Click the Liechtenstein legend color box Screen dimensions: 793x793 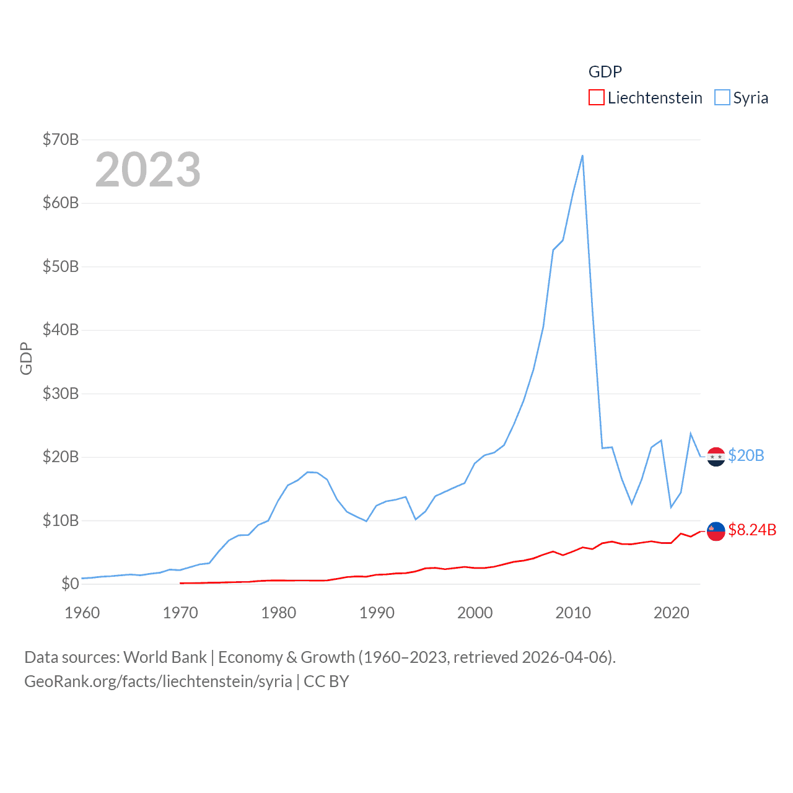click(596, 98)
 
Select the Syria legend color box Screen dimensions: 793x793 click(722, 98)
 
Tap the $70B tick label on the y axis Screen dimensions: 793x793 click(61, 139)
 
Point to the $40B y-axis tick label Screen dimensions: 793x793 click(61, 330)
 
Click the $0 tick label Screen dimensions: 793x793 click(70, 584)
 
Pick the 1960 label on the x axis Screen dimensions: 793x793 click(82, 613)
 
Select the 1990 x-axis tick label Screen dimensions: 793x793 click(377, 613)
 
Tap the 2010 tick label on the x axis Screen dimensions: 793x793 click(573, 613)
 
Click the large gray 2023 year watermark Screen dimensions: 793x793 click(148, 170)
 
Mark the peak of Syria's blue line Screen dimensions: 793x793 click(582, 156)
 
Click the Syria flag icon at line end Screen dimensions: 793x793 click(716, 457)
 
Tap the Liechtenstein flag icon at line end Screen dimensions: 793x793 click(716, 531)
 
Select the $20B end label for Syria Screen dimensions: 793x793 click(746, 455)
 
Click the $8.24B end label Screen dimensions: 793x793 click(752, 530)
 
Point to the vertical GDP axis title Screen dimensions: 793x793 click(26, 358)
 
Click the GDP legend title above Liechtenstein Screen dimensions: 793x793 click(605, 72)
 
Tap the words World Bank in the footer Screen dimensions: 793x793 click(165, 657)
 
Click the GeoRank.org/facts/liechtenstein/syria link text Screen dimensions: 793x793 click(158, 681)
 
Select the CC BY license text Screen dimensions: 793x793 click(326, 681)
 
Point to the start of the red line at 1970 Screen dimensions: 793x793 click(180, 583)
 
